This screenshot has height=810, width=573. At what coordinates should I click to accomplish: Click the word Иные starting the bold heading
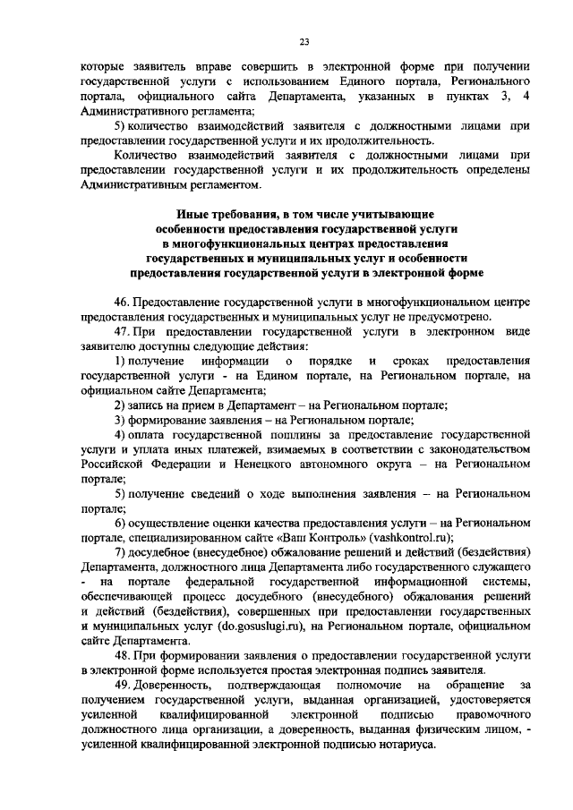[193, 216]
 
